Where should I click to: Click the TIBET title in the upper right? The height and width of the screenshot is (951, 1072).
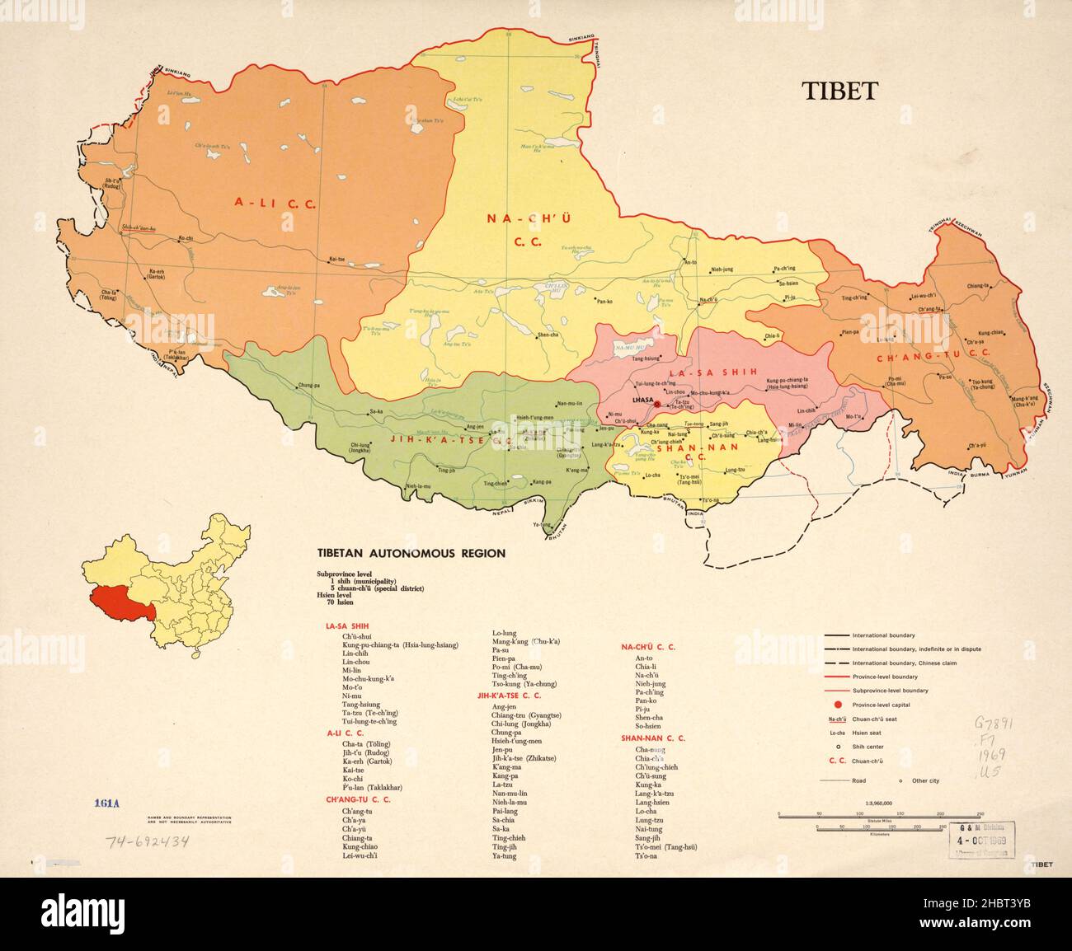pyautogui.click(x=840, y=91)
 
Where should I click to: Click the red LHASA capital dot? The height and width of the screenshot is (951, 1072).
pyautogui.click(x=657, y=405)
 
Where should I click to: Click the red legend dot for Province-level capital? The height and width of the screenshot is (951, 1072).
pyautogui.click(x=838, y=705)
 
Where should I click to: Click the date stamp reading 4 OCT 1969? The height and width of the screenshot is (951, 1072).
pyautogui.click(x=982, y=840)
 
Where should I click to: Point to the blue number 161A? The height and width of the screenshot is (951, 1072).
pyautogui.click(x=107, y=803)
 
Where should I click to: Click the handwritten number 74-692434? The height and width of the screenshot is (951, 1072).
pyautogui.click(x=148, y=841)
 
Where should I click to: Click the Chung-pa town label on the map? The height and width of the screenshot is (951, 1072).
pyautogui.click(x=308, y=385)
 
